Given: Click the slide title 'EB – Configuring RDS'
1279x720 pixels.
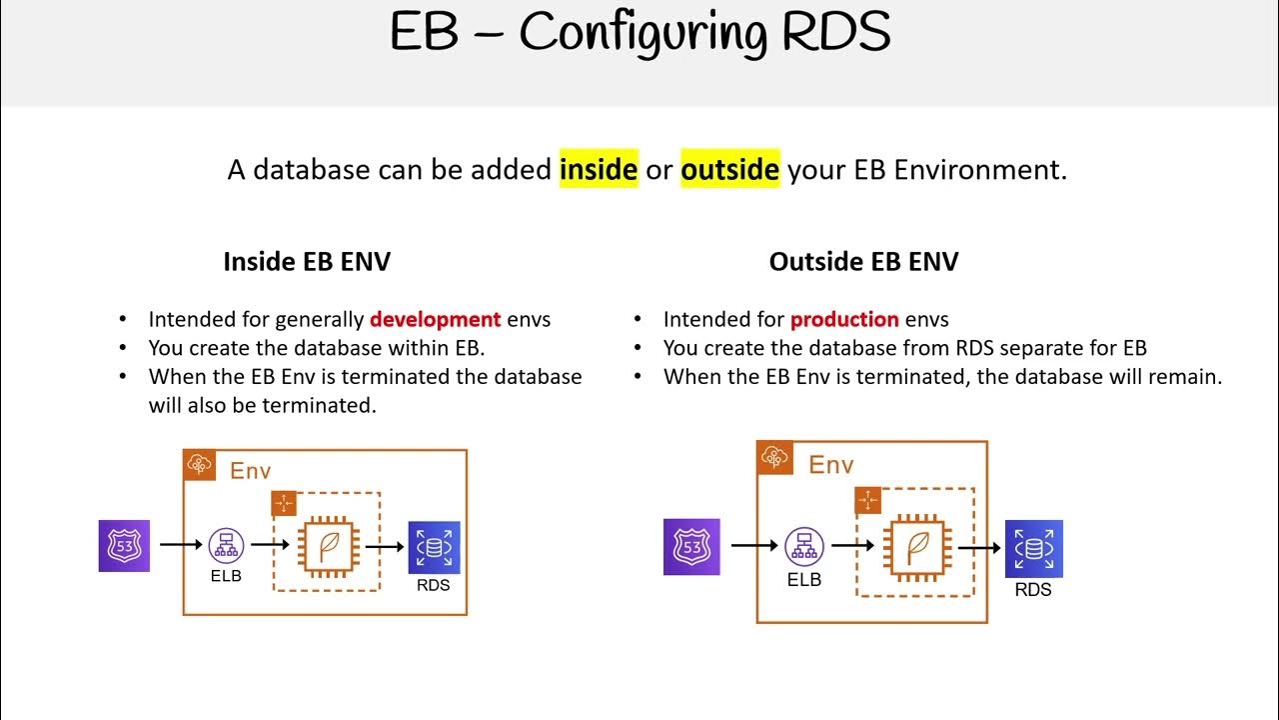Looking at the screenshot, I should [x=639, y=33].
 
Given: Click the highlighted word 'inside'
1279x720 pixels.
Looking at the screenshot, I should [x=599, y=170].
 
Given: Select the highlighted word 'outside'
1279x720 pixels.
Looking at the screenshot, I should [x=729, y=170].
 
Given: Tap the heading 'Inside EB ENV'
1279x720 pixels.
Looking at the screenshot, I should [x=306, y=262].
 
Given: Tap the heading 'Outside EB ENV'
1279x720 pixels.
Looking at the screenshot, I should [x=863, y=262].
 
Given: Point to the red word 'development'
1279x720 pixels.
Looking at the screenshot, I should [x=435, y=320].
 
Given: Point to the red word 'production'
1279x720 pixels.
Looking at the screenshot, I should [x=844, y=320].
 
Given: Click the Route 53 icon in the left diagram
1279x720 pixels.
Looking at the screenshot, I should [x=124, y=546].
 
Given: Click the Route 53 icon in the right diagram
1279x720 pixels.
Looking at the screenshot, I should [x=691, y=547].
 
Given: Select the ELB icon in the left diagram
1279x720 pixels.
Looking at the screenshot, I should [x=226, y=545].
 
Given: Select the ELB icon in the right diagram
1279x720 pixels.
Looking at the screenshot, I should [x=803, y=547].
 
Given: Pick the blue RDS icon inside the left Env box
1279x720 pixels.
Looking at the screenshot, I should [x=434, y=547].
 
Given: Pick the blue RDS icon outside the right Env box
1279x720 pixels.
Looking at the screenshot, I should [x=1033, y=549].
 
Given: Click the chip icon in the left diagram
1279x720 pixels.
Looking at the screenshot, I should [x=327, y=546].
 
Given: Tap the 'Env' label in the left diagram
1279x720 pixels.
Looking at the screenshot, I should [x=250, y=470].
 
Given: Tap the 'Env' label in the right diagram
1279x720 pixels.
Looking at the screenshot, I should [x=830, y=464].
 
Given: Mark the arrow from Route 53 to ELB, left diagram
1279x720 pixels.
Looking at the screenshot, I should [x=180, y=545].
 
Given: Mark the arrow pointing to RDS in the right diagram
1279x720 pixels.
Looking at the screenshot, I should [x=979, y=548].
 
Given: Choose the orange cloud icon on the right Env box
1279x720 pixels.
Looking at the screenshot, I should [x=774, y=458].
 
